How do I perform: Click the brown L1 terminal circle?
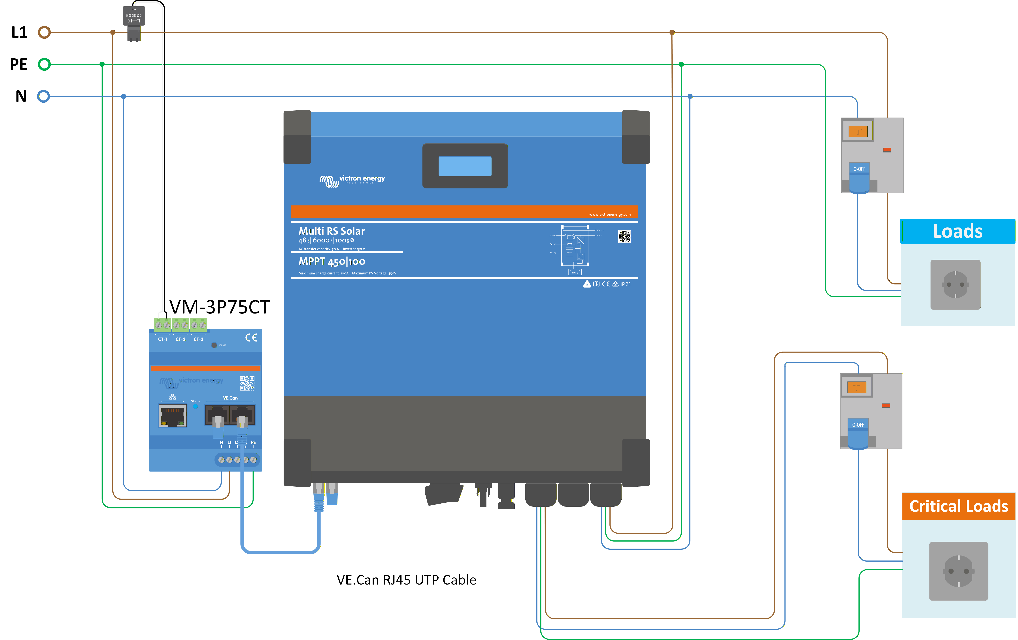coord(44,32)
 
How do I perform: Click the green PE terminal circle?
coord(44,64)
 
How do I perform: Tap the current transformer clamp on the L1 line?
coord(134,23)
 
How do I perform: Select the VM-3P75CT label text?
coord(219,307)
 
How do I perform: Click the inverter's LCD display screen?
coord(465,166)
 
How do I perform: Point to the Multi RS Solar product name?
coord(331,231)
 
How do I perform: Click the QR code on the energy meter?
coord(247,383)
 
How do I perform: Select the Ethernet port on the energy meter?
coord(173,415)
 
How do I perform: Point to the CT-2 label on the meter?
coord(180,339)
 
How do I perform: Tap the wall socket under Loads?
coord(955,285)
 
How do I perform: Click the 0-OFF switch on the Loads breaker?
coord(859,177)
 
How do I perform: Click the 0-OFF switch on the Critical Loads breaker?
coord(858,433)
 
